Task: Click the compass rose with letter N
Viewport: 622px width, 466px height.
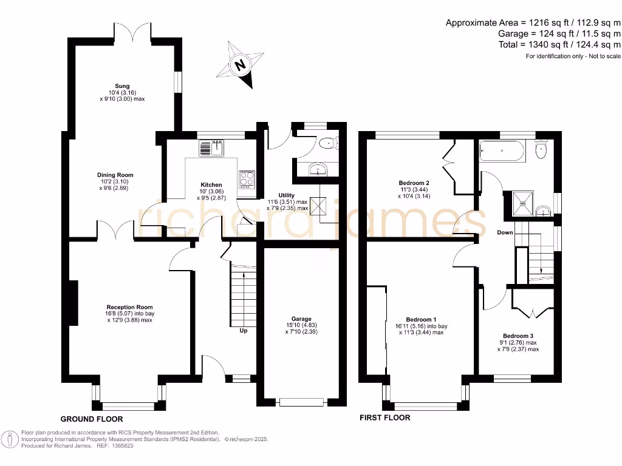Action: [x=241, y=64]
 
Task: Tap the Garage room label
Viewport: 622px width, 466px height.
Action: [x=301, y=319]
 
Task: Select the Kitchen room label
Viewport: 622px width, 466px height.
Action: [x=211, y=184]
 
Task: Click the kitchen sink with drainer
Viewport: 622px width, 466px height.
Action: [x=212, y=147]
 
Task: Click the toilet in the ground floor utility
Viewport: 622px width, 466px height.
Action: [x=329, y=143]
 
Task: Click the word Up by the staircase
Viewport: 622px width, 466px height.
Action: [x=244, y=331]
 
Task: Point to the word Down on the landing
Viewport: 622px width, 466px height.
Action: [x=505, y=232]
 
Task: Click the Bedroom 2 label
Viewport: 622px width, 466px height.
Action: [x=414, y=183]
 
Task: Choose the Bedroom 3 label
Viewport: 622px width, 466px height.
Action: [x=518, y=336]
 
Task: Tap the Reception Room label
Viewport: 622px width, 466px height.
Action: [x=129, y=307]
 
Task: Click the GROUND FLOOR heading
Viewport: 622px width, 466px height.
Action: [x=92, y=419]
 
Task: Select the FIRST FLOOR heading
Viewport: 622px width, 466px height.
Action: [x=384, y=417]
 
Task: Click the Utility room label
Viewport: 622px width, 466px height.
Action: [x=286, y=195]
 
